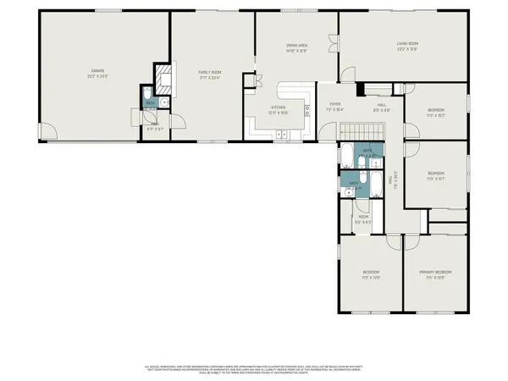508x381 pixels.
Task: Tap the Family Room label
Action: [x=209, y=73]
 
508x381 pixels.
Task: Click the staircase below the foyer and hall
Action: [x=361, y=130]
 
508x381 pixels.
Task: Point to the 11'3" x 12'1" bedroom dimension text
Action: [x=437, y=179]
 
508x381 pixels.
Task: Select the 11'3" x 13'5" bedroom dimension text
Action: [x=371, y=277]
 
